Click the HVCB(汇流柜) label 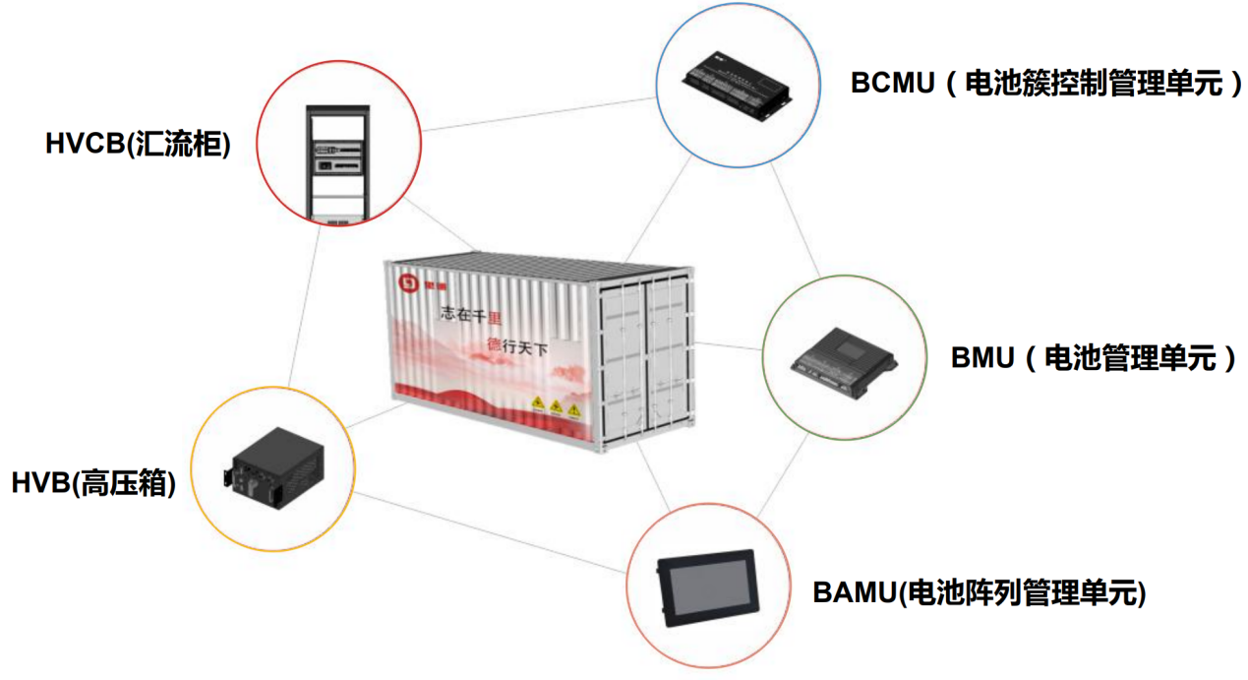click(x=138, y=145)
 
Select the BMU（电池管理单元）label click(x=1093, y=357)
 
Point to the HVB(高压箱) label click(x=94, y=483)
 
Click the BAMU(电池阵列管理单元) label click(x=980, y=593)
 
